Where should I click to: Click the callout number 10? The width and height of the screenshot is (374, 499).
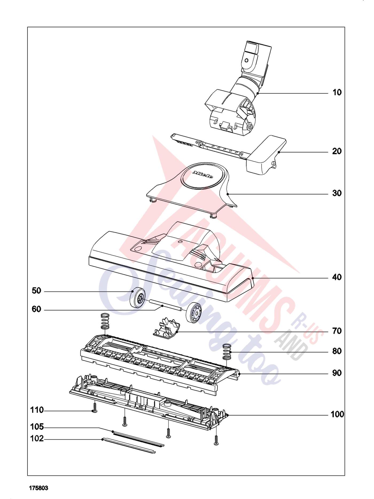[337, 93]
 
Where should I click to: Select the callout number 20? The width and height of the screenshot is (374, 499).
[337, 151]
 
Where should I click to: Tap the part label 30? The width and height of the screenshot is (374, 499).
[337, 193]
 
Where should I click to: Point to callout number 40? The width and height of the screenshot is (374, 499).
[337, 277]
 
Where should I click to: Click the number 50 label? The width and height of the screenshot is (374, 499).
[37, 291]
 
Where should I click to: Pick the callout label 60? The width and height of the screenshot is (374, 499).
[37, 309]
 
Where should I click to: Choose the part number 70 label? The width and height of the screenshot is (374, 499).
[337, 331]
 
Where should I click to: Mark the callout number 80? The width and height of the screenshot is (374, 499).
[337, 351]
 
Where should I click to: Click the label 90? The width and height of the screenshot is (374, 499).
[337, 373]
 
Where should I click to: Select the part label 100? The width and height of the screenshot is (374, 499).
[337, 415]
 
